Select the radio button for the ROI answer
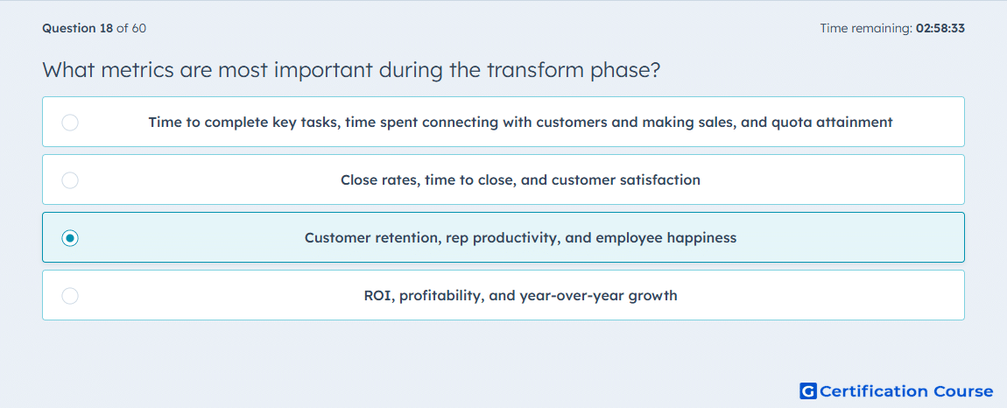(x=70, y=296)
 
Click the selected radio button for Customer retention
(x=70, y=238)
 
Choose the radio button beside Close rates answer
(x=70, y=179)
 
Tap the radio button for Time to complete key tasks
(x=70, y=122)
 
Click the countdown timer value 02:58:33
(x=940, y=28)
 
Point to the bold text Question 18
(x=78, y=28)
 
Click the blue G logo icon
(x=808, y=390)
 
